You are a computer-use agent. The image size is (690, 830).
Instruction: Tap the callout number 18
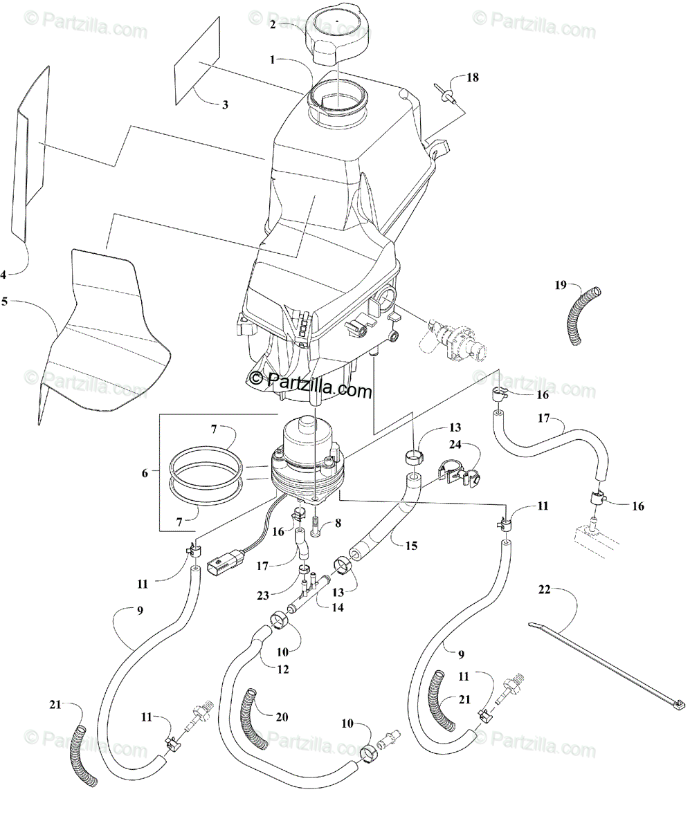473,77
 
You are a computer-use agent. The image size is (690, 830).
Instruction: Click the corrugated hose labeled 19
582,315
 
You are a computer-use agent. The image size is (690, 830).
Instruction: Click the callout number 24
455,444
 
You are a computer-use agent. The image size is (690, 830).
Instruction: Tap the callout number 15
411,546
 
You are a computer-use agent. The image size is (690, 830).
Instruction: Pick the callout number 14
337,607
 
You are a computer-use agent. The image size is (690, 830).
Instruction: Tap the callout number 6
145,473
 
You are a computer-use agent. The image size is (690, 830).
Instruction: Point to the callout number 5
4,302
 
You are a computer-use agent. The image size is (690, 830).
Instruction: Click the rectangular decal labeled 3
197,62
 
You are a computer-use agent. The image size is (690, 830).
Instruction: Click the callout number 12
283,670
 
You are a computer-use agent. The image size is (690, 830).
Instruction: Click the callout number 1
273,60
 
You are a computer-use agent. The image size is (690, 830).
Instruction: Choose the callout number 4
3,275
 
